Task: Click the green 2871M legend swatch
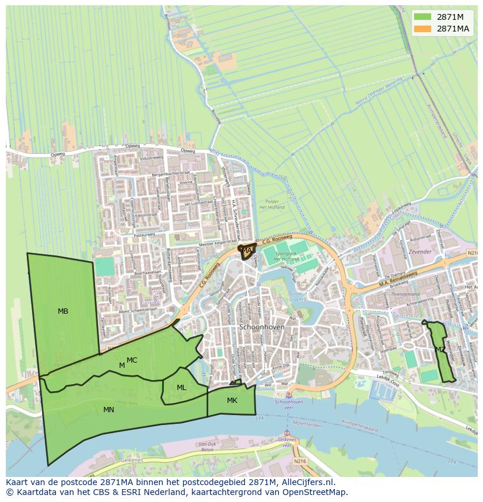423,17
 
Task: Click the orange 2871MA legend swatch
423,29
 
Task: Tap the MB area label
63,311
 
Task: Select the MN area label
108,410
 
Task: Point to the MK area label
232,401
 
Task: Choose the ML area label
181,388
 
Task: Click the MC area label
132,360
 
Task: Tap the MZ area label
440,350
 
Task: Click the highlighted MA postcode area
247,251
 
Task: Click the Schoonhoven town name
262,327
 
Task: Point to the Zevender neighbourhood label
420,252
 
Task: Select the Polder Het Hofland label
272,203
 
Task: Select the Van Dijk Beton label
208,448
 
